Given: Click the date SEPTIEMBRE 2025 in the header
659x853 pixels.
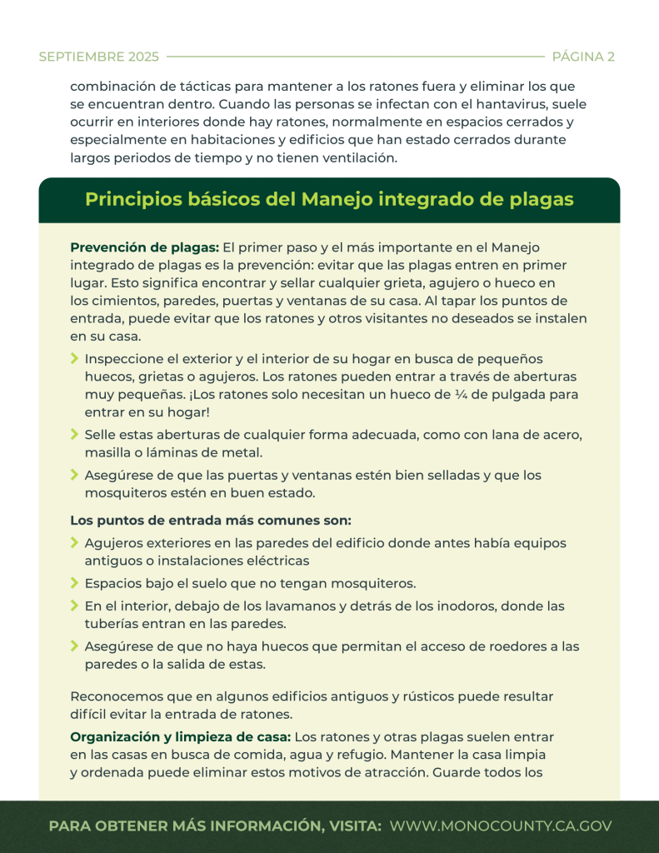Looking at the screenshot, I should coord(98,57).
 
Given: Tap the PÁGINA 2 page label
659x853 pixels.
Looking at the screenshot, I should coord(583,57).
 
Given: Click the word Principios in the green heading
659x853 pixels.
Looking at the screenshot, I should coord(134,199).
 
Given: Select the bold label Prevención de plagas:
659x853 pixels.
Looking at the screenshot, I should coord(144,247).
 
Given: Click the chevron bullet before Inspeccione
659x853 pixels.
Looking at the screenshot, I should coord(75,359).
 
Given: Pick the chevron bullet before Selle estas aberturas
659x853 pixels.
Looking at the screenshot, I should coord(75,435).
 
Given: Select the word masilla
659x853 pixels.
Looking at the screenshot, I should coord(109,452).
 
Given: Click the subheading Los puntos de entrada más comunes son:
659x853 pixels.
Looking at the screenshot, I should coord(211,521).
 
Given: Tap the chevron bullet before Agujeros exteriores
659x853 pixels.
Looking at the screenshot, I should coord(75,543).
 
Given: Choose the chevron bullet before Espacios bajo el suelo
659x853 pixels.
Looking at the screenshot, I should coord(75,582).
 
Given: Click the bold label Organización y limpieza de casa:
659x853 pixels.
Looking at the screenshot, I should coord(180,737).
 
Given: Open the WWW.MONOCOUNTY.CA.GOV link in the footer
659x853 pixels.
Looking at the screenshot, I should coord(501,826).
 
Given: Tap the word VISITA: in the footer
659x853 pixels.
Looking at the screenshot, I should coord(352,826).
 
